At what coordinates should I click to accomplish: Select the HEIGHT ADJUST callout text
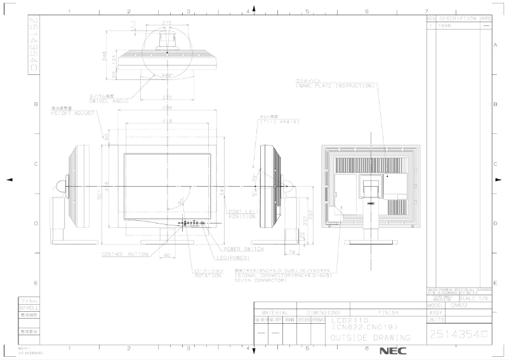point(73,113)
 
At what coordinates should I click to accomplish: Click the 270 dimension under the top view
point(168,97)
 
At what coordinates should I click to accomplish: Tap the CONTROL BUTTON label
point(125,255)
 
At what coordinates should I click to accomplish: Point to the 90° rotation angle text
point(182,201)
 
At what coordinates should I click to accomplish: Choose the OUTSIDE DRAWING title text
point(370,336)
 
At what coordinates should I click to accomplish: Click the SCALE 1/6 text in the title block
point(470,297)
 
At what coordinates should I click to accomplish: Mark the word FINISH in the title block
point(387,312)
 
